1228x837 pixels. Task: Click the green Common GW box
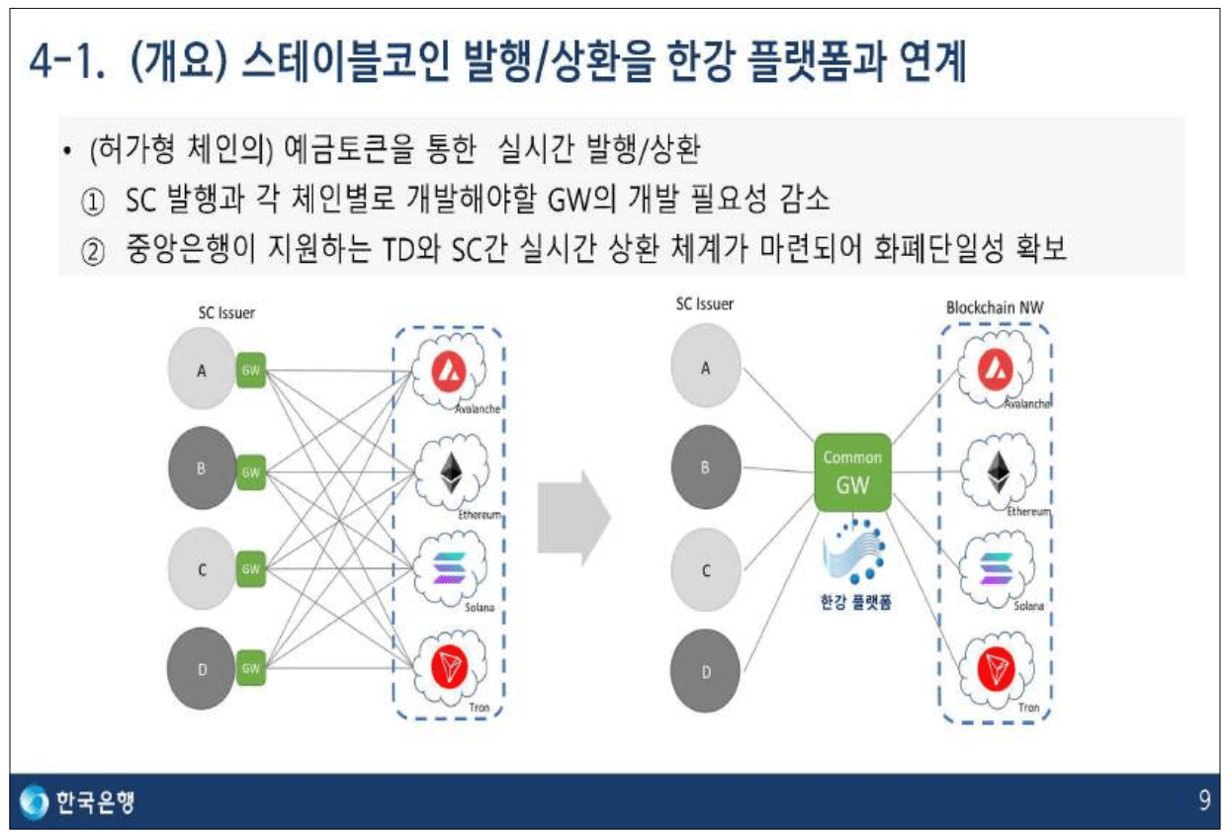tap(852, 471)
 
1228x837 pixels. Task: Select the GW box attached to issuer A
tap(251, 371)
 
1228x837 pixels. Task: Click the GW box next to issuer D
tap(251, 668)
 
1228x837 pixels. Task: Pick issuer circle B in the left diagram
tap(202, 469)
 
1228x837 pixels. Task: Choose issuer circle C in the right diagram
tap(706, 570)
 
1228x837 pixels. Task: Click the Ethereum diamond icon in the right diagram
tap(996, 472)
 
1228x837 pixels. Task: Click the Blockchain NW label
tap(994, 307)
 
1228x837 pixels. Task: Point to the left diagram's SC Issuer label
tap(226, 313)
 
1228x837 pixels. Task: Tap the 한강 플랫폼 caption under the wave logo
tap(855, 601)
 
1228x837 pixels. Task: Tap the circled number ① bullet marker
tap(92, 203)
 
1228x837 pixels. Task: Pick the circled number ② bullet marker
tap(92, 250)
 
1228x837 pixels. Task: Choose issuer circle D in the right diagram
tap(706, 672)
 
